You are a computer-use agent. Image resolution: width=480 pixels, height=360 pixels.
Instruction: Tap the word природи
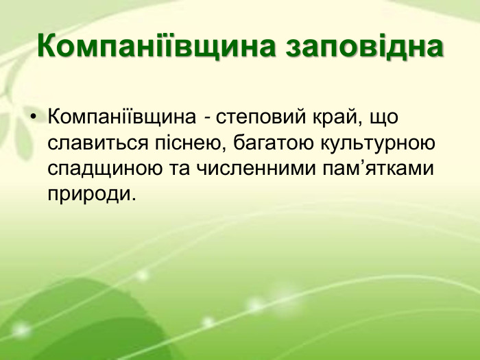[x=87, y=194]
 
